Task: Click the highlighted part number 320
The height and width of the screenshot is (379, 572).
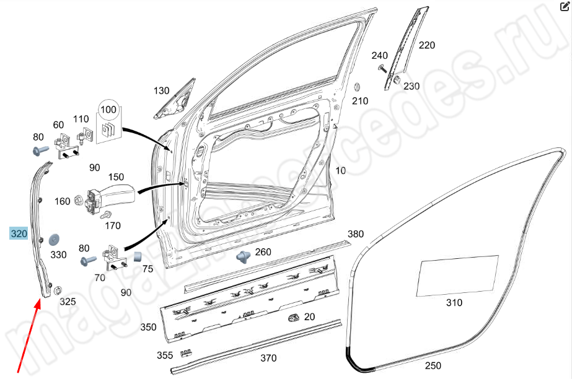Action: pyautogui.click(x=19, y=233)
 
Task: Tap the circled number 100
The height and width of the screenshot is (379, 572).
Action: pyautogui.click(x=108, y=110)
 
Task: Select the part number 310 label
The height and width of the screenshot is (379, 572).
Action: pyautogui.click(x=454, y=303)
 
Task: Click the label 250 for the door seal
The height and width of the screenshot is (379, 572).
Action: pyautogui.click(x=434, y=365)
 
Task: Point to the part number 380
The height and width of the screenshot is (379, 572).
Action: pyautogui.click(x=355, y=234)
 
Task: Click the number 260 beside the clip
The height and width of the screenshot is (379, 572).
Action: pyautogui.click(x=263, y=251)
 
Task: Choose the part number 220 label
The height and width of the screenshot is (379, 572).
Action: pyautogui.click(x=427, y=45)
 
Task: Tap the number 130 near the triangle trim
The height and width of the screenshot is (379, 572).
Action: pyautogui.click(x=161, y=91)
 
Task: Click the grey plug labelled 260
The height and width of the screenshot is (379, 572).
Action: pyautogui.click(x=243, y=255)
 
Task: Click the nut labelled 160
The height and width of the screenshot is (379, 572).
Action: pyautogui.click(x=79, y=200)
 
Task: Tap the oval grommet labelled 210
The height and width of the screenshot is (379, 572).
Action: pyautogui.click(x=357, y=87)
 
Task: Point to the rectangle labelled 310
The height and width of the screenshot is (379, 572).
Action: pyautogui.click(x=459, y=276)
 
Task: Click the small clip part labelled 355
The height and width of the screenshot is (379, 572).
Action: pyautogui.click(x=185, y=355)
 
